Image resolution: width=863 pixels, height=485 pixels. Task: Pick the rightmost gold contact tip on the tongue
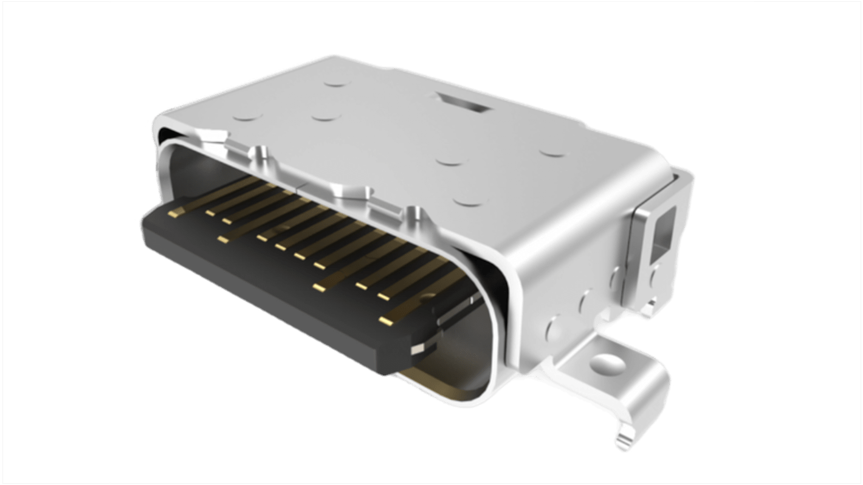tap(387, 319)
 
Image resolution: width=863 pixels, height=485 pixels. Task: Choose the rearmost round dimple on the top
tap(335, 81)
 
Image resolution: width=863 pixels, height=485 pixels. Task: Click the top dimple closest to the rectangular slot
tap(451, 162)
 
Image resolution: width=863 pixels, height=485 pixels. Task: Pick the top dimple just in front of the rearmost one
tap(325, 115)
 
